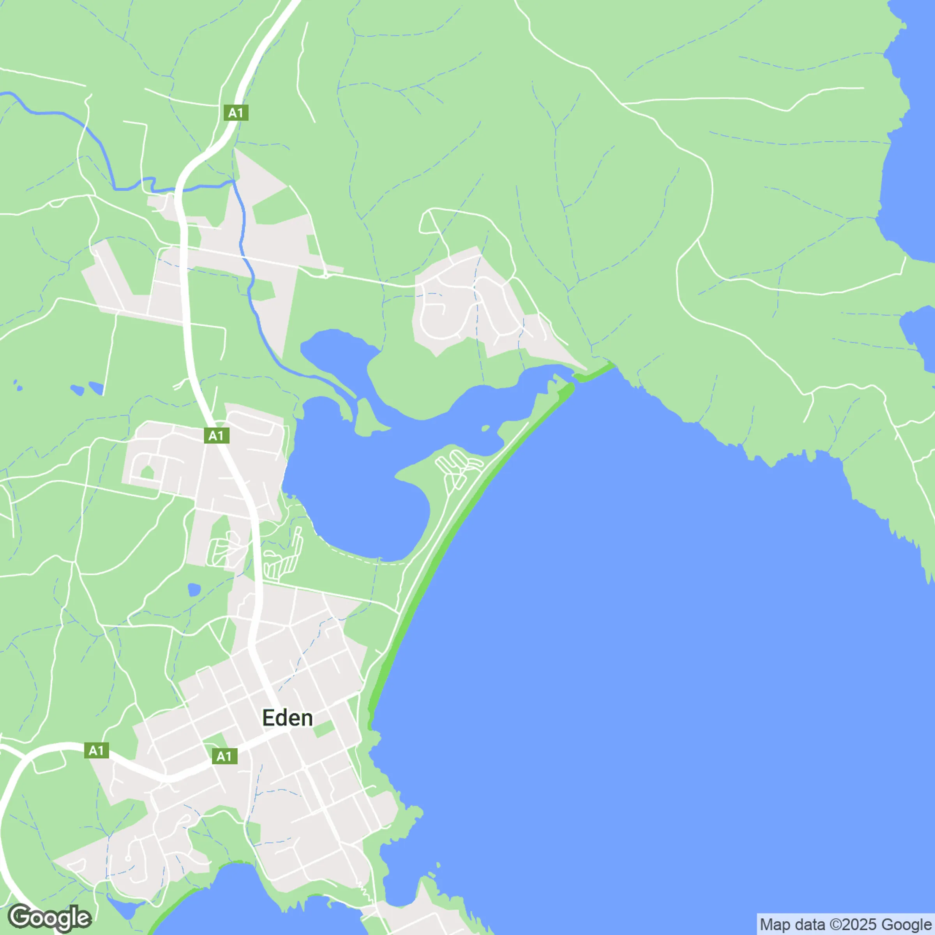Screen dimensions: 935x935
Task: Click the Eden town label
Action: point(287,718)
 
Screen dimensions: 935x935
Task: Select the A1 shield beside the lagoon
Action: point(216,436)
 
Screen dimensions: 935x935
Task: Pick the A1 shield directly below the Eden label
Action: point(224,756)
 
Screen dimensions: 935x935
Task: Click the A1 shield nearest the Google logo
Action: point(96,751)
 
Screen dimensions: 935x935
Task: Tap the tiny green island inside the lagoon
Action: point(485,428)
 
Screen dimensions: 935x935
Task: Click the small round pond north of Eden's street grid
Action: point(194,590)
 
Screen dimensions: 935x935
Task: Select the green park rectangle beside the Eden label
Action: point(324,729)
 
